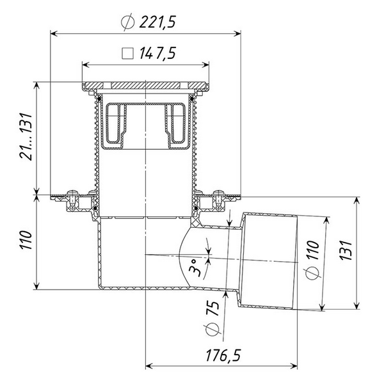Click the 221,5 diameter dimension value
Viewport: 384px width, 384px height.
point(157,22)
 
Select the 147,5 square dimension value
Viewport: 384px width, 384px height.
point(157,53)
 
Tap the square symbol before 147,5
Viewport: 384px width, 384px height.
point(127,53)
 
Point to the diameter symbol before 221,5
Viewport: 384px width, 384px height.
point(127,22)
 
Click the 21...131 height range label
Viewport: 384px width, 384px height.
point(26,137)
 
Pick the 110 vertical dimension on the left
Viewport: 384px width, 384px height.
point(26,240)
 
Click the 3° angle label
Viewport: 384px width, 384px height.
point(196,268)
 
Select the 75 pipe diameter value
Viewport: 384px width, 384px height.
point(212,309)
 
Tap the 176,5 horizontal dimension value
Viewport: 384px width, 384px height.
point(223,355)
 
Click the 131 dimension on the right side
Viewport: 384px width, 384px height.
point(346,250)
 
